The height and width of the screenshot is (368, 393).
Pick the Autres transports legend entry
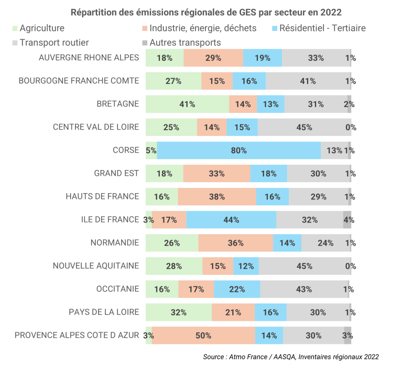pos(184,43)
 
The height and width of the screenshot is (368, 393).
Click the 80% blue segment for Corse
pos(238,151)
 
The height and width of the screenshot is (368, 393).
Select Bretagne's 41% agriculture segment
pos(187,104)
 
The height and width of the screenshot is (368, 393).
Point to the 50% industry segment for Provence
pos(203,335)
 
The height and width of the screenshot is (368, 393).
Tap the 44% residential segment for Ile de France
pos(231,220)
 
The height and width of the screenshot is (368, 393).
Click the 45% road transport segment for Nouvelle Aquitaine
pos(304,266)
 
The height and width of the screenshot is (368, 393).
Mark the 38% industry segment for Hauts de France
pos(216,197)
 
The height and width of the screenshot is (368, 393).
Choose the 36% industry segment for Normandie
pos(236,243)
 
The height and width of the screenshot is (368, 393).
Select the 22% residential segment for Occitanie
pos(237,289)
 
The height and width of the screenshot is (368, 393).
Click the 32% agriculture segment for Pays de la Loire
pos(179,312)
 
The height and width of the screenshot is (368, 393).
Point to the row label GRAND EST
pos(116,173)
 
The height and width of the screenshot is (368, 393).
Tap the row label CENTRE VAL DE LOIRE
pos(96,127)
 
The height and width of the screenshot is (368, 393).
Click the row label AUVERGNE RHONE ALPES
pos(89,58)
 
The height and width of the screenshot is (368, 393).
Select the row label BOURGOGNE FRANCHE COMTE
pos(79,81)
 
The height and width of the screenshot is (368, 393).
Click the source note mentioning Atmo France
pos(291,357)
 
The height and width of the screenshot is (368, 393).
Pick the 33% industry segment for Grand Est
pos(216,174)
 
